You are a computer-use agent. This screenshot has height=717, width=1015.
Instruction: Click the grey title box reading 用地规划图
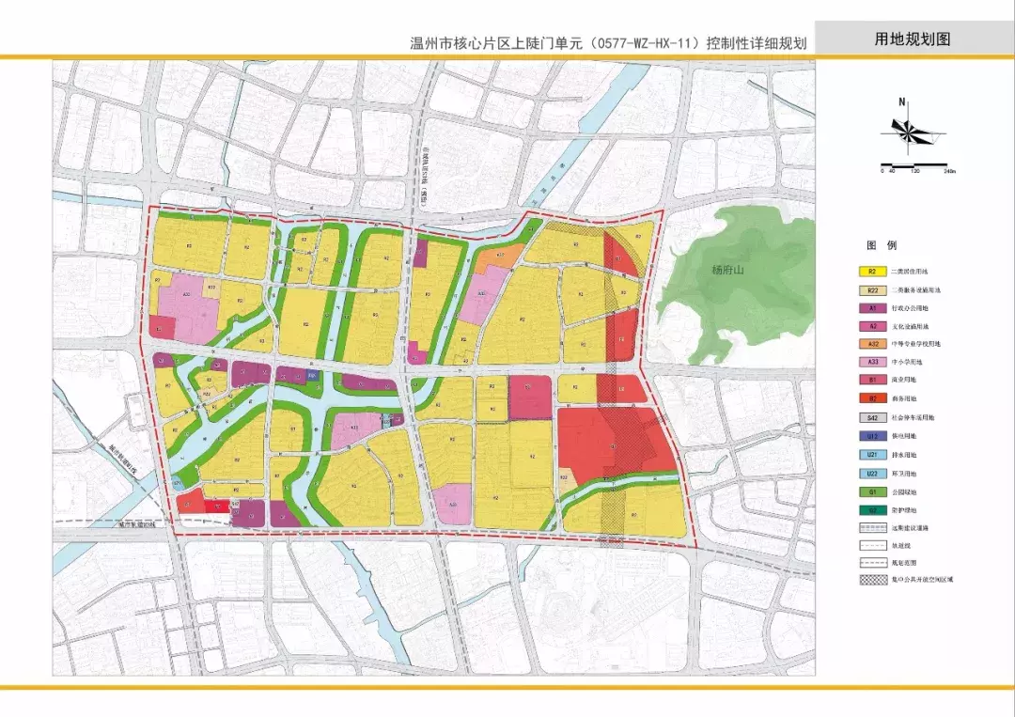tap(913, 39)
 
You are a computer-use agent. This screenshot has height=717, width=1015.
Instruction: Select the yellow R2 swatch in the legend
tap(872, 272)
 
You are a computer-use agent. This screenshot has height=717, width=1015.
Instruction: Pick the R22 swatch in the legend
tap(872, 290)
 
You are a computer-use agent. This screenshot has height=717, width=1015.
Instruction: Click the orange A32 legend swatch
tap(872, 344)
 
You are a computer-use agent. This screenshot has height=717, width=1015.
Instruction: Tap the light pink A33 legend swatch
tap(872, 362)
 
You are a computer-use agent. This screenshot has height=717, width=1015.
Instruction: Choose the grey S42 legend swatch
tap(872, 417)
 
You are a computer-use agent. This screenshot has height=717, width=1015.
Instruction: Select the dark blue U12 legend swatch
tap(872, 435)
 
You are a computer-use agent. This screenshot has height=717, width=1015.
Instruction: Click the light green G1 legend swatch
tap(872, 490)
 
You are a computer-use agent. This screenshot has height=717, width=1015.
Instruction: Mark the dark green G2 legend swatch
tap(872, 508)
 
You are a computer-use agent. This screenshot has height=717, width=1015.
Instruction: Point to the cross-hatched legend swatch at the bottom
tap(872, 580)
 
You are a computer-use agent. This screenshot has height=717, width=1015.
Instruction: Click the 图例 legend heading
tap(879, 245)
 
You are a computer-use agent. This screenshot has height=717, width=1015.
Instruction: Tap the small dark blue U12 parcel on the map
tap(313, 376)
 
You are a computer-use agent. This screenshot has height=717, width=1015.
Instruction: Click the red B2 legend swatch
tap(872, 398)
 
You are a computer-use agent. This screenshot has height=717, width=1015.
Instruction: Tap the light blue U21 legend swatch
tap(872, 454)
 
